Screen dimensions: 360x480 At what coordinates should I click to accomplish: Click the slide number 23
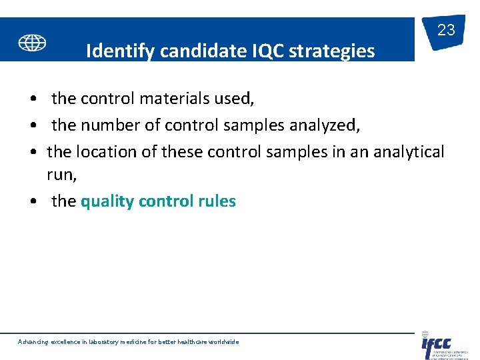(446, 30)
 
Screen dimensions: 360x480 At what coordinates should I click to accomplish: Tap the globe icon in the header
(32, 43)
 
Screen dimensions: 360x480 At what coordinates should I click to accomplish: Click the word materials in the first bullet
(174, 99)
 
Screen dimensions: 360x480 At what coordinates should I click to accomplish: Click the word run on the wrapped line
(61, 175)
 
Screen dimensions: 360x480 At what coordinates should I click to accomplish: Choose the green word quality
(107, 201)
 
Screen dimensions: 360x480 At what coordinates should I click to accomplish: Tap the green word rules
(217, 201)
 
